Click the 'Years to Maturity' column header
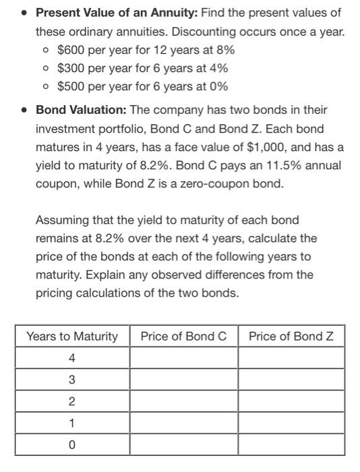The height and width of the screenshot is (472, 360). (x=72, y=336)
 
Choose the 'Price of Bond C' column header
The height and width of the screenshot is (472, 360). (x=183, y=336)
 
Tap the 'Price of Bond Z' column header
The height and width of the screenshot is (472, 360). (x=291, y=336)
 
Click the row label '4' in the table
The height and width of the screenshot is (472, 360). (x=72, y=357)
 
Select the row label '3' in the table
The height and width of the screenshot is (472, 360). (x=72, y=380)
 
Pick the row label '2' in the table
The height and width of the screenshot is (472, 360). (x=72, y=401)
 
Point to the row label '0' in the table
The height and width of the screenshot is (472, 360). (x=72, y=445)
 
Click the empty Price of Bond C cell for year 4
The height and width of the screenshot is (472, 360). (x=183, y=357)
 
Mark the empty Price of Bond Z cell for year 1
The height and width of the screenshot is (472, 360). (x=291, y=423)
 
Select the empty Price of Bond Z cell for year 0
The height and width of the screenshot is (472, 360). (x=291, y=445)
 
